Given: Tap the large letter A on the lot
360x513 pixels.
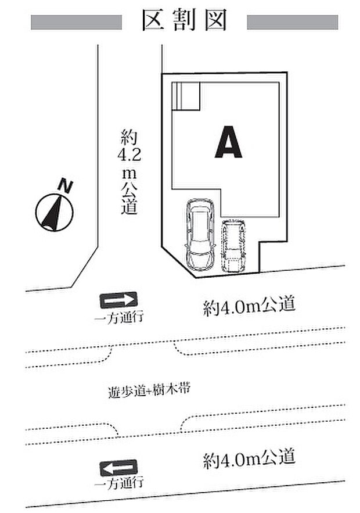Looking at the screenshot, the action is point(228,142).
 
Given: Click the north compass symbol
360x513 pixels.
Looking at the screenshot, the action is point(54,212).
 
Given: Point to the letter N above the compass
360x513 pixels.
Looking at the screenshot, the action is point(67,186).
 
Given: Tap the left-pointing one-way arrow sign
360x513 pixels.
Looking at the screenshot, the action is point(118,467).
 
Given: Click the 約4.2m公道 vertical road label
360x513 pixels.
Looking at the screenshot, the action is point(128,173).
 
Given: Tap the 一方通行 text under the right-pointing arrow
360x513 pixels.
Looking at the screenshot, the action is point(118,318).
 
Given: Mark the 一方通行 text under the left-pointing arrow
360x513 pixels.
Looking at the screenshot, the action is point(118,483).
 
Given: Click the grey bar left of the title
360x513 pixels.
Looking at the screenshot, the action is point(75,22).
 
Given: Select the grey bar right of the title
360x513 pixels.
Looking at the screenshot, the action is point(292,22).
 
